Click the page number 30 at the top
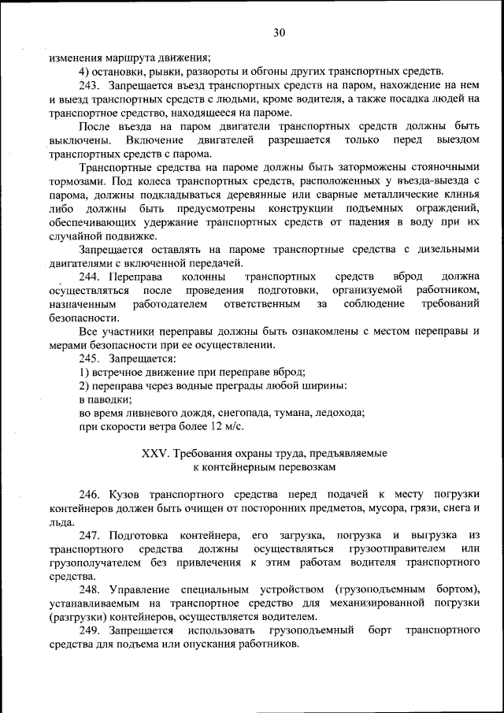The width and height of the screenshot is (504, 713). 279,32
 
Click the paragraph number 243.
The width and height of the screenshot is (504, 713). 89,84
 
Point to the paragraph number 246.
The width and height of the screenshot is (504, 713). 89,493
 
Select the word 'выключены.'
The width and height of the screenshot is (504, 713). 80,139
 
